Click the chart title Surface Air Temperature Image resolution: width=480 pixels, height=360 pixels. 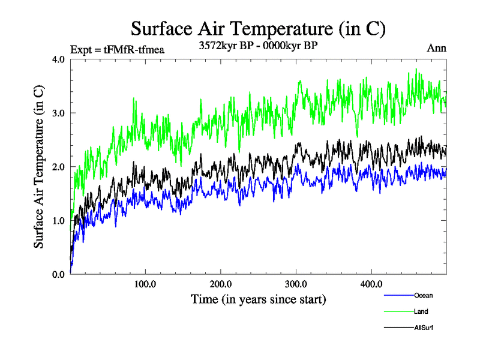[258, 28]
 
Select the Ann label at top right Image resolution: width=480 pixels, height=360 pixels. [437, 48]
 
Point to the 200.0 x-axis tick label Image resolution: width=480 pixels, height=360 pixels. [221, 284]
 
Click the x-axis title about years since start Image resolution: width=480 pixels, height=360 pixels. [258, 299]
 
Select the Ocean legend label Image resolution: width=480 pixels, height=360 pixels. [423, 295]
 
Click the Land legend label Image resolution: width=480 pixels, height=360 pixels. [421, 311]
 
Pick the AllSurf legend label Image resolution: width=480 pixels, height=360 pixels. [423, 328]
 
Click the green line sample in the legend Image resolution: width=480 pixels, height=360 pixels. [398, 312]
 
